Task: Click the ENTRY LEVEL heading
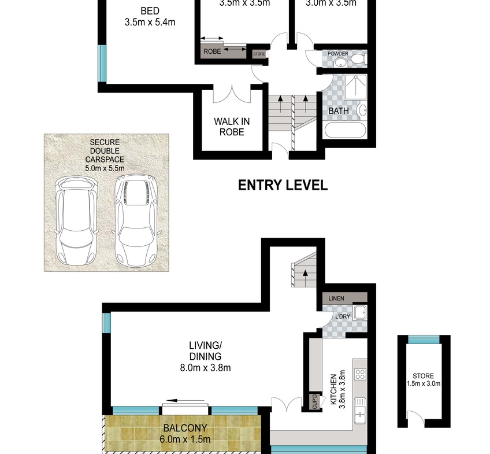[x=283, y=185]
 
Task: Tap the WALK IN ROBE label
[x=232, y=127]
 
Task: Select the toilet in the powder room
[x=358, y=59]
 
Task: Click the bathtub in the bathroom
[x=345, y=130]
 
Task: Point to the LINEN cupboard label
[x=336, y=298]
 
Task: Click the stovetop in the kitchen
[x=360, y=374]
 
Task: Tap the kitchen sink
[x=360, y=411]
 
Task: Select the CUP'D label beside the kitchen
[x=314, y=401]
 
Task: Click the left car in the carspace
[x=75, y=220]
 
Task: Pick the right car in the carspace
[x=136, y=220]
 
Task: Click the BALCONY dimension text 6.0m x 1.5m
[x=185, y=440]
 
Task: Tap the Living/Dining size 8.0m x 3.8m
[x=205, y=368]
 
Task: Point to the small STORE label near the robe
[x=259, y=54]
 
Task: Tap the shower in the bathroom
[x=355, y=87]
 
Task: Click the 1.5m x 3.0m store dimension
[x=424, y=383]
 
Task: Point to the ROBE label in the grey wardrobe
[x=212, y=51]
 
